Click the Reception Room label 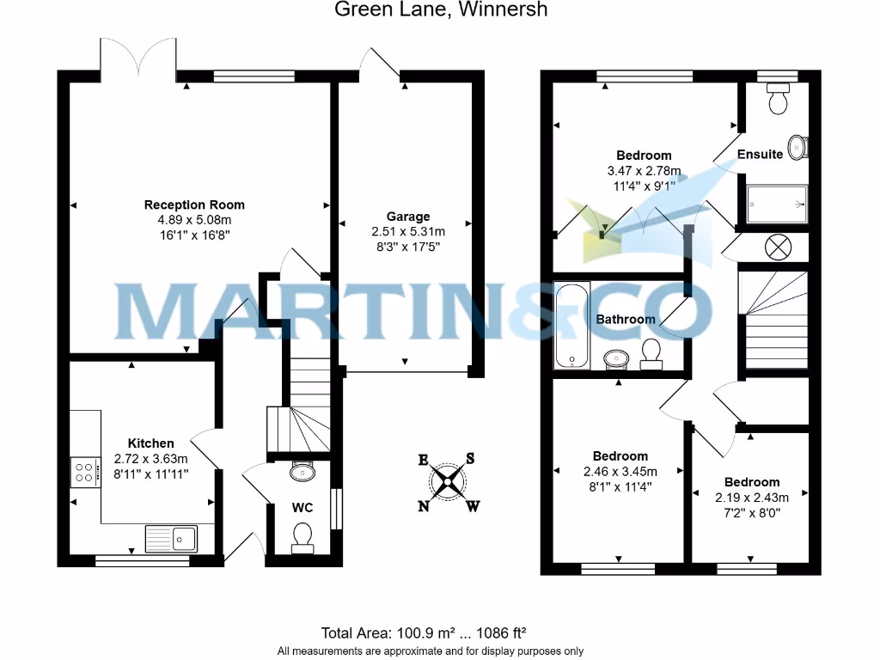(194, 205)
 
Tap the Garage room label (407, 217)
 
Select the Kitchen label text (150, 443)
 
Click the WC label (302, 507)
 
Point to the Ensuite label (760, 155)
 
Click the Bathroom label (626, 319)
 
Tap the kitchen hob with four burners (85, 472)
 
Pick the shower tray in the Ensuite (777, 205)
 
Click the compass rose (448, 482)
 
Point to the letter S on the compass (470, 458)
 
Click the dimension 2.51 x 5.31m (407, 231)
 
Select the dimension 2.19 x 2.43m (751, 498)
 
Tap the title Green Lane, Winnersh (440, 10)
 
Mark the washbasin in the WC (302, 471)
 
